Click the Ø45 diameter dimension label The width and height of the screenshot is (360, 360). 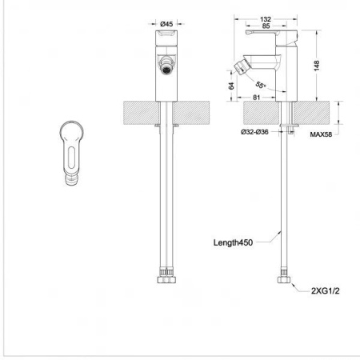[166, 24]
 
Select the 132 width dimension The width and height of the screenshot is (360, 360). [266, 19]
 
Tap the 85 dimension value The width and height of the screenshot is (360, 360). [266, 26]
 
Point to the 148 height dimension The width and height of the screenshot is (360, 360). [317, 66]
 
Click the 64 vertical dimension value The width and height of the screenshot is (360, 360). [231, 86]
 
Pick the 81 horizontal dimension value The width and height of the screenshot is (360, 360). [256, 98]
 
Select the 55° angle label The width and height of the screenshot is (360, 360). [261, 86]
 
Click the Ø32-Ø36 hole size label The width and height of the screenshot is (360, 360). [254, 132]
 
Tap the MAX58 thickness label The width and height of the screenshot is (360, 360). [321, 134]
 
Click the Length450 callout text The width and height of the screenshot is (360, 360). [233, 242]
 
